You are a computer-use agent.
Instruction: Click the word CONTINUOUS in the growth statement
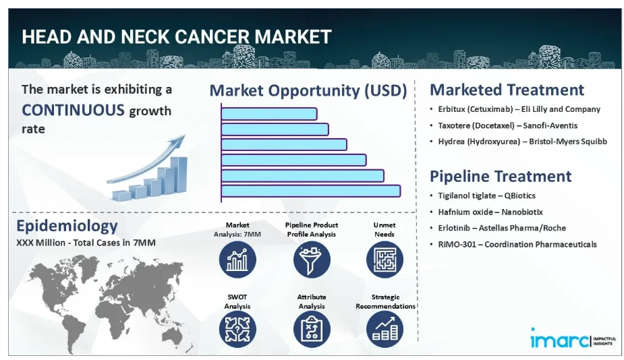[x=73, y=110]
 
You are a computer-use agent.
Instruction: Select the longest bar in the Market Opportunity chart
[x=310, y=191]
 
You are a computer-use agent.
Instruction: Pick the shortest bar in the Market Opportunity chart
[x=269, y=114]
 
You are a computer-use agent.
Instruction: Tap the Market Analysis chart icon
[x=237, y=260]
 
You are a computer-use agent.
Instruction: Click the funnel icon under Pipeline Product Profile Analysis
[x=312, y=260]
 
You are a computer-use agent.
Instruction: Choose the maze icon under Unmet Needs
[x=385, y=260]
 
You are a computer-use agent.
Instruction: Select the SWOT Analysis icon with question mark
[x=237, y=329]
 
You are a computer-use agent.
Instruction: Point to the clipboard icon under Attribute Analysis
[x=312, y=329]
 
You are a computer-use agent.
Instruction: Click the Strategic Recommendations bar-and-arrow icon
[x=385, y=329]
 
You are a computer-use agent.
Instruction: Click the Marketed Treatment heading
[x=507, y=90]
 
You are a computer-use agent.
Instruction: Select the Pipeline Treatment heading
[x=501, y=176]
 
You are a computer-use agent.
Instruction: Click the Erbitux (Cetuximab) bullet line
[x=519, y=109]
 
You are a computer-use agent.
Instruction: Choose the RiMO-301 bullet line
[x=517, y=244]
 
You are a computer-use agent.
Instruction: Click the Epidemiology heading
[x=67, y=226]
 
